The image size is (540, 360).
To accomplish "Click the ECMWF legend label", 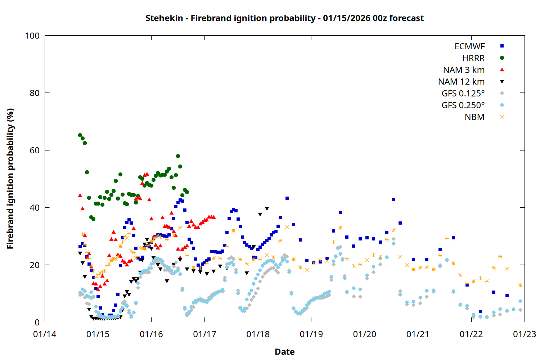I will pyautogui.click(x=469, y=46).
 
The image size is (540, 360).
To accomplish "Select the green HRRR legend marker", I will pyautogui.click(x=502, y=58).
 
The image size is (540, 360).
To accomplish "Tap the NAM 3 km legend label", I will pyautogui.click(x=464, y=70).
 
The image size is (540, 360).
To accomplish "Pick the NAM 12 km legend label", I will pyautogui.click(x=461, y=82).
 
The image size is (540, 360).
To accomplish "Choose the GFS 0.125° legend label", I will pyautogui.click(x=463, y=94).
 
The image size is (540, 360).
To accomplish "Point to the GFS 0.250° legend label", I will pyautogui.click(x=463, y=105).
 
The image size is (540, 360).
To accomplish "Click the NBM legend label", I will pyautogui.click(x=474, y=117).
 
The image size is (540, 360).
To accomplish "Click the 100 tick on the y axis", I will pyautogui.click(x=32, y=36).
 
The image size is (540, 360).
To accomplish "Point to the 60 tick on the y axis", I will pyautogui.click(x=35, y=150).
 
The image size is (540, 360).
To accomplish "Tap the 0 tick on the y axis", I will pyautogui.click(x=37, y=322).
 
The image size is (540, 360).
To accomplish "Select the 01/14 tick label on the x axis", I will pyautogui.click(x=45, y=334).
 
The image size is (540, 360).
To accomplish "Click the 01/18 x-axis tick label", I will pyautogui.click(x=258, y=334).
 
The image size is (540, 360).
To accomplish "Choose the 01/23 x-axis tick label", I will pyautogui.click(x=524, y=334).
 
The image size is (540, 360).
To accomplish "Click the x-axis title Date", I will pyautogui.click(x=284, y=352).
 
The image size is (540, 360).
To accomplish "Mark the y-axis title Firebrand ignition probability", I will pyautogui.click(x=10, y=179).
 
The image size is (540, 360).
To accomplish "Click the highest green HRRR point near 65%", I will pyautogui.click(x=80, y=135).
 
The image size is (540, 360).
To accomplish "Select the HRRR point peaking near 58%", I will pyautogui.click(x=178, y=156).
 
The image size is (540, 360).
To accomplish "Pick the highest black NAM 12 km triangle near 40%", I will pyautogui.click(x=267, y=209).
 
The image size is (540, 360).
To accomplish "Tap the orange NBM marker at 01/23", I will pyautogui.click(x=520, y=285).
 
